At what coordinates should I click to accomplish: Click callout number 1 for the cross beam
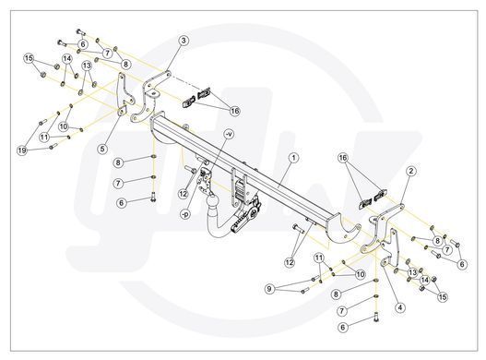click(x=293, y=158)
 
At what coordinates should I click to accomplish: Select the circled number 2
click(x=411, y=171)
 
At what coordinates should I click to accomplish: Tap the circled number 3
click(x=184, y=41)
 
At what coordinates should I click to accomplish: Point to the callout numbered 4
click(x=400, y=307)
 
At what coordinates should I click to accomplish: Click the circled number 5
click(x=103, y=149)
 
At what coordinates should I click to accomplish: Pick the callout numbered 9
click(x=269, y=289)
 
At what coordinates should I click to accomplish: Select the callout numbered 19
click(x=22, y=150)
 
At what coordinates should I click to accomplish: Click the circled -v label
click(x=229, y=134)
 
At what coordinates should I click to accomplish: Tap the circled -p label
click(x=185, y=214)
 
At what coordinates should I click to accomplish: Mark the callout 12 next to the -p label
click(x=184, y=194)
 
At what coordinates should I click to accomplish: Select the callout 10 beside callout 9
click(x=361, y=274)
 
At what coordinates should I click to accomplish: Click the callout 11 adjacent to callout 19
click(x=44, y=137)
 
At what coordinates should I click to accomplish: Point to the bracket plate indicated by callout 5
click(x=124, y=95)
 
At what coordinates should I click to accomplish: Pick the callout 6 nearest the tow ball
click(x=121, y=203)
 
